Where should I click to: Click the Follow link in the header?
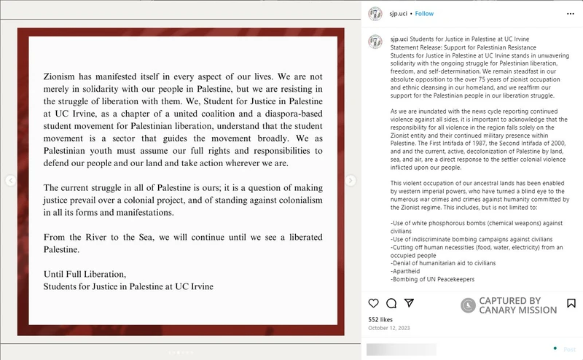pos(424,13)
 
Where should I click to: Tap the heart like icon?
pos(374,303)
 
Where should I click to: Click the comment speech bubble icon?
pos(391,303)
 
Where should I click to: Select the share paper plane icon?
pos(410,303)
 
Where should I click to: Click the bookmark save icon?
pos(569,303)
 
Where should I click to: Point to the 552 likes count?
pos(380,319)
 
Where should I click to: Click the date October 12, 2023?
pos(388,328)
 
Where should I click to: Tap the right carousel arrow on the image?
pos(351,181)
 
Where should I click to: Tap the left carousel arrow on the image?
pos(10,181)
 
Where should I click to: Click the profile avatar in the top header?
pos(375,13)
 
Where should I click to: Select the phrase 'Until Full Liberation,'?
pos(85,274)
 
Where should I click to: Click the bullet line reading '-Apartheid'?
pos(407,270)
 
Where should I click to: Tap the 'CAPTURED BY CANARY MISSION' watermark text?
pos(517,305)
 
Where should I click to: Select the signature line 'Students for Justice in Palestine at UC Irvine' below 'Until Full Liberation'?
pos(128,286)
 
